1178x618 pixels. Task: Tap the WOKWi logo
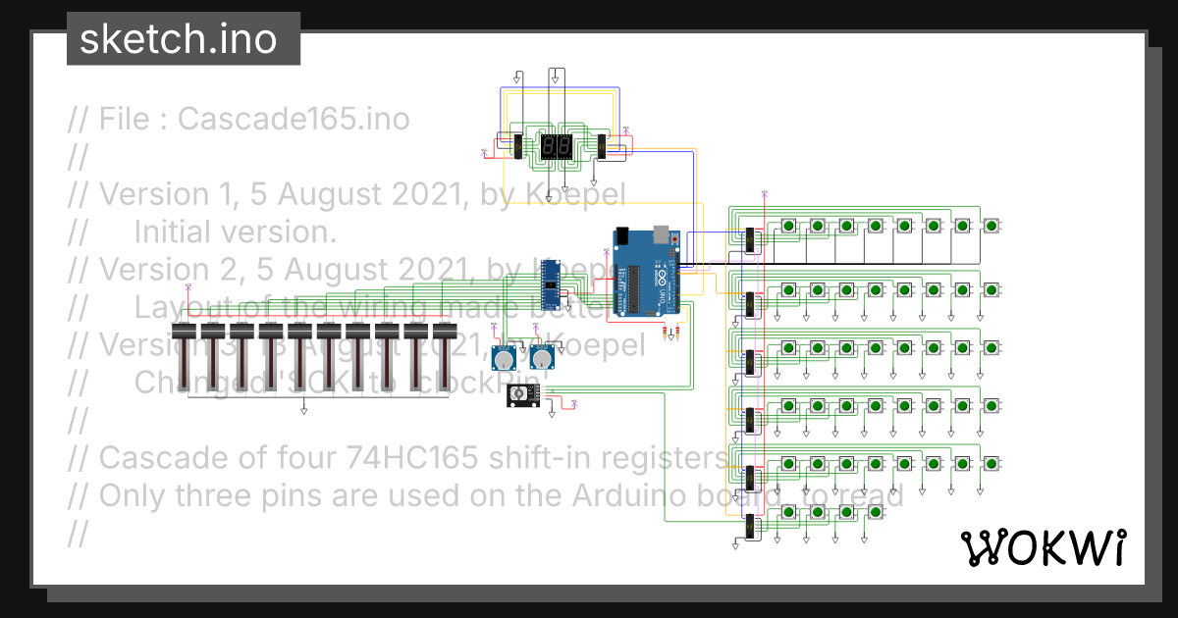pos(1043,547)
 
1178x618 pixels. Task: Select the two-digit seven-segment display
pos(557,147)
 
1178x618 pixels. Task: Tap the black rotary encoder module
pos(521,394)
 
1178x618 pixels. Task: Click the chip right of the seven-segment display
pos(601,147)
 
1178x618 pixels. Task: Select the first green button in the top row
pos(789,227)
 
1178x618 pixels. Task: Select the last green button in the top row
pos(991,227)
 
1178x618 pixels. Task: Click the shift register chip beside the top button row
pos(750,240)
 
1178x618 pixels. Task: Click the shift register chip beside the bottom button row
pos(750,527)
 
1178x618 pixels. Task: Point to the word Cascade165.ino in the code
pos(294,120)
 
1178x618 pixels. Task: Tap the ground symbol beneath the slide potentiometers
pos(304,412)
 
